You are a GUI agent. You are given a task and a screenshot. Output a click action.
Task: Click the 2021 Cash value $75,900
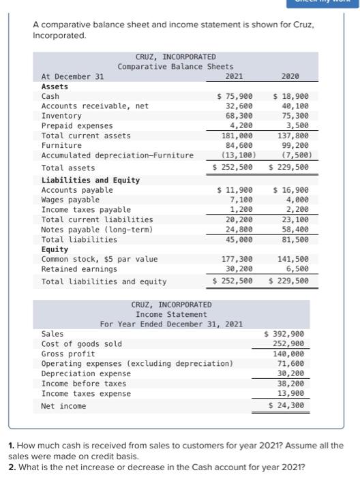point(235,97)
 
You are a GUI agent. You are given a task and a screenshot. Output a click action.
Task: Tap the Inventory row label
point(61,116)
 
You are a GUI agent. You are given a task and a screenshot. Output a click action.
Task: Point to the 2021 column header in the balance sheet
point(233,76)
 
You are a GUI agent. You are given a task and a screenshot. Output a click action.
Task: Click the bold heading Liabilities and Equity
point(90,180)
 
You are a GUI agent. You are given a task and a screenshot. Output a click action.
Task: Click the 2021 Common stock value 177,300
point(238,259)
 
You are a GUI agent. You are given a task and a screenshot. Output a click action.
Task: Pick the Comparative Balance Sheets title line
point(175,66)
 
